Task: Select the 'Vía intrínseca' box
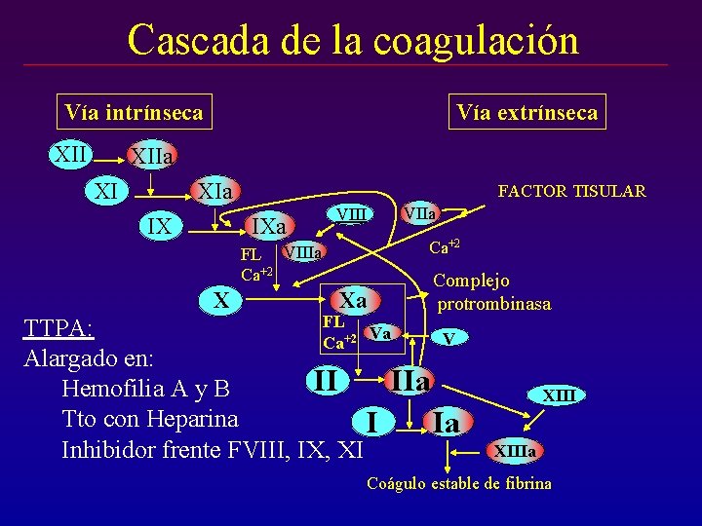tap(134, 112)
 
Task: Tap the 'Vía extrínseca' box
tap(527, 112)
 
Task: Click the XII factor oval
tap(71, 154)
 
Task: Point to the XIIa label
tap(152, 157)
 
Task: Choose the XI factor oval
tap(106, 192)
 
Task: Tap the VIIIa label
tap(303, 252)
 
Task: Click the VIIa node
tap(420, 211)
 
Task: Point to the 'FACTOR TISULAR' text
tap(571, 191)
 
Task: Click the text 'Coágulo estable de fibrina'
tap(458, 483)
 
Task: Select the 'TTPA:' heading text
tap(58, 327)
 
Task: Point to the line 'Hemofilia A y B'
tap(145, 389)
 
